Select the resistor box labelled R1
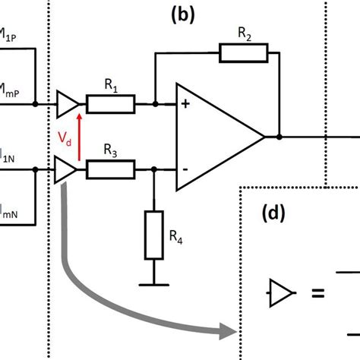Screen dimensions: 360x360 (112, 104)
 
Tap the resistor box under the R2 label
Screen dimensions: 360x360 (244, 52)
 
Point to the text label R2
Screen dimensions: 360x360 (244, 32)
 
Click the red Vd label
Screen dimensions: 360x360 (67, 140)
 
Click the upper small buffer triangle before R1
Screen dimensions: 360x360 (67, 104)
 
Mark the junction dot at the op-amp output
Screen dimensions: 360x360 (280, 137)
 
